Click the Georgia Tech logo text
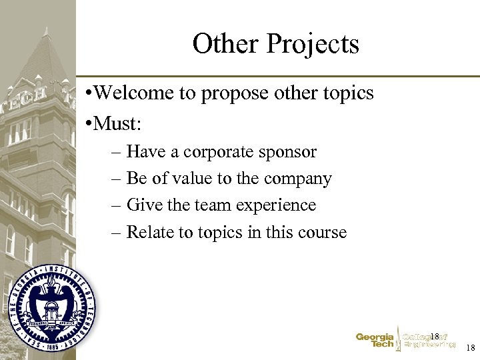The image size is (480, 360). [x=375, y=341]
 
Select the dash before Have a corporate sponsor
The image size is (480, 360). [x=117, y=153]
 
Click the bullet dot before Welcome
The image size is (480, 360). [x=89, y=93]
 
